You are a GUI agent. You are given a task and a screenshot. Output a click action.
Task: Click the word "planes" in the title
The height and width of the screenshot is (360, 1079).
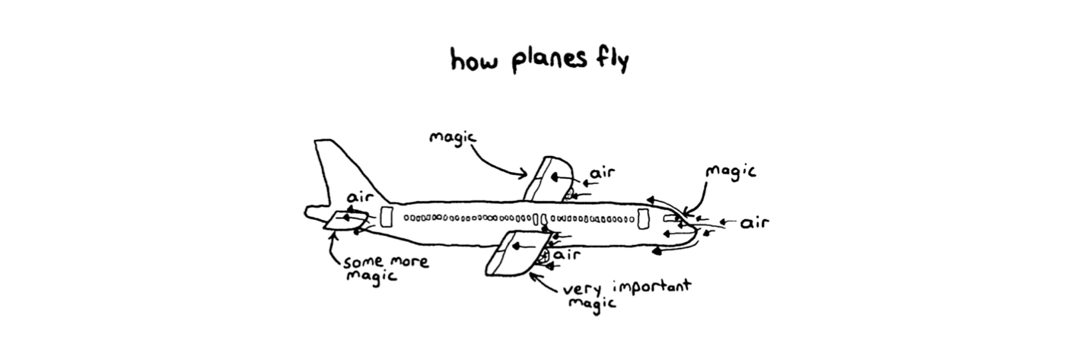click(549, 61)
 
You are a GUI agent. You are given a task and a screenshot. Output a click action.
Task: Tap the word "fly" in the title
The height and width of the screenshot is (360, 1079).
click(613, 60)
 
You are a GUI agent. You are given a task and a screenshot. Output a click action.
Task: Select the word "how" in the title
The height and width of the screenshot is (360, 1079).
click(474, 60)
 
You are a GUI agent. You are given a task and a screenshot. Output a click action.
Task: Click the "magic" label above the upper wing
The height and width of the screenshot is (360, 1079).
click(454, 138)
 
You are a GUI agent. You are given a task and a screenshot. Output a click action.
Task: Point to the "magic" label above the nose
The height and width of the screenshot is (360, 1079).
click(730, 172)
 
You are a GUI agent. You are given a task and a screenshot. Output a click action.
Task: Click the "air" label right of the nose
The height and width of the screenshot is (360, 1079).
click(754, 223)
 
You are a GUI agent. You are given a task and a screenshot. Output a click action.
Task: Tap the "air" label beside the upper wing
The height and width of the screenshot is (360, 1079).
click(603, 173)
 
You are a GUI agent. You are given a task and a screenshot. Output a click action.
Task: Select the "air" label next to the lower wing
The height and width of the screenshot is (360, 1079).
click(567, 254)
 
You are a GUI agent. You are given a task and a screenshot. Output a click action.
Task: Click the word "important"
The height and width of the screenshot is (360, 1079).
click(651, 287)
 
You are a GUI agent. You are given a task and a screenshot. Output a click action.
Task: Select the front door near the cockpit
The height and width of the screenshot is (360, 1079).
click(643, 219)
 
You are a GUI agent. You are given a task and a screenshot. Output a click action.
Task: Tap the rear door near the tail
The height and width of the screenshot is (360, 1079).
click(386, 217)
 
